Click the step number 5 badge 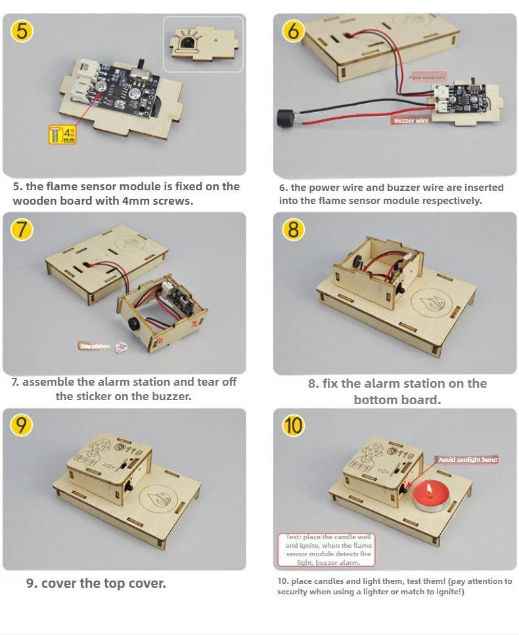point(22,31)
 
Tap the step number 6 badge point(294,31)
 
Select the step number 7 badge point(22,229)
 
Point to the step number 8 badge point(294,230)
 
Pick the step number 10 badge point(294,426)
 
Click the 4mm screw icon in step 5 point(62,135)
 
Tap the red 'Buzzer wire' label point(411,121)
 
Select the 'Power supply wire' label point(428,77)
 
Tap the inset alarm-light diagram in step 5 point(203,44)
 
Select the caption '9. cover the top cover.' point(96,583)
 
